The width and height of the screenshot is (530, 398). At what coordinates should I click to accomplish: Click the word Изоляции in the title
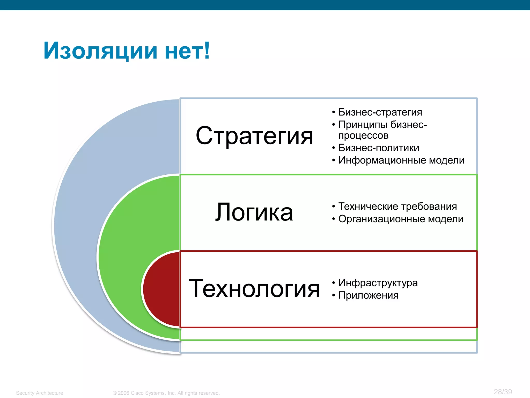(x=100, y=51)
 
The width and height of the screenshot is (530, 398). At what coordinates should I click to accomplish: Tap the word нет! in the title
(x=187, y=51)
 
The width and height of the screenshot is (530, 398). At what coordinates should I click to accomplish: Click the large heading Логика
(x=254, y=212)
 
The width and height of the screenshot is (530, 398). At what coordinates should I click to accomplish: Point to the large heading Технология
(x=254, y=288)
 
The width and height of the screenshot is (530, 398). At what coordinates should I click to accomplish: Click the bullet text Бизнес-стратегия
(x=380, y=112)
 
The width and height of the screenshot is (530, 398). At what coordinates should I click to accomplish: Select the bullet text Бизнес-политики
(x=379, y=148)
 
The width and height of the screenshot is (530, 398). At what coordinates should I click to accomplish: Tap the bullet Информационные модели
(x=401, y=160)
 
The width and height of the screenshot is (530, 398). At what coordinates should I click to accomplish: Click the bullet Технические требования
(x=397, y=207)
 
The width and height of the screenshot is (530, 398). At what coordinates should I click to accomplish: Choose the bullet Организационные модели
(x=401, y=219)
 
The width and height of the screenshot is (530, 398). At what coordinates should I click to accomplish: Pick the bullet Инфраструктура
(x=378, y=283)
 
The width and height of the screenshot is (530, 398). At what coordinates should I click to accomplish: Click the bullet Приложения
(x=368, y=295)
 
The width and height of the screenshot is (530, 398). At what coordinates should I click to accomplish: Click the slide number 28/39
(x=503, y=392)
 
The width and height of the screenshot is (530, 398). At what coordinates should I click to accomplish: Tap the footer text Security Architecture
(x=40, y=393)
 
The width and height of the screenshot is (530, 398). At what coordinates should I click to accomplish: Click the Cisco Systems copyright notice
(x=166, y=393)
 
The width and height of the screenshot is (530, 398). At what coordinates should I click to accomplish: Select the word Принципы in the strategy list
(x=363, y=125)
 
